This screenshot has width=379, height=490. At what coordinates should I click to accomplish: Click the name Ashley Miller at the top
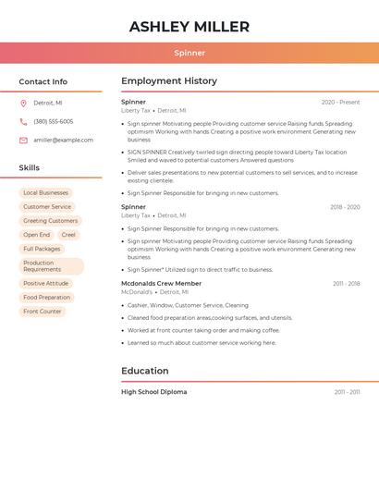(189, 27)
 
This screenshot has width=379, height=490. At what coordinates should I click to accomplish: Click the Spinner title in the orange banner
(189, 53)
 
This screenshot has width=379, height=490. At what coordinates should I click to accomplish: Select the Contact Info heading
(43, 81)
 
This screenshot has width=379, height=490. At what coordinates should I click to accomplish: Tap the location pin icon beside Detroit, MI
(23, 103)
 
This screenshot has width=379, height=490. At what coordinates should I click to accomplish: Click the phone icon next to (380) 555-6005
(23, 121)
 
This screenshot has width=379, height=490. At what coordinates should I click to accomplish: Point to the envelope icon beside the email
(23, 140)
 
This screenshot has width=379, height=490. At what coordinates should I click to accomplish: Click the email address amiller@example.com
(63, 140)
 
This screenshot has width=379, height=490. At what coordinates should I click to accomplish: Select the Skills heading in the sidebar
(30, 168)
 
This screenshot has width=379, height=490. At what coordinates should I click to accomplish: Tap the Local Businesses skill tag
(45, 193)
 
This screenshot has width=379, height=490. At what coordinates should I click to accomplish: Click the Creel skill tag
(68, 235)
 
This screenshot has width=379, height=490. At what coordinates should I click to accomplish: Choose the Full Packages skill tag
(42, 249)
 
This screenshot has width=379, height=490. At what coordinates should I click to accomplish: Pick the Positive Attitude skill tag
(45, 284)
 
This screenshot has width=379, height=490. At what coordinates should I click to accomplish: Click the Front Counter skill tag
(43, 312)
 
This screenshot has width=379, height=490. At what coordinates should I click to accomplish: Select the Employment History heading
(169, 81)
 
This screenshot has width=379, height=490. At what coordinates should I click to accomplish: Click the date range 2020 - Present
(340, 102)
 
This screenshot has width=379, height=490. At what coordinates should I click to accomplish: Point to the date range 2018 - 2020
(345, 207)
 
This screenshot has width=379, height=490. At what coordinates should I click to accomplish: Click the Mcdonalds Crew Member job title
(161, 283)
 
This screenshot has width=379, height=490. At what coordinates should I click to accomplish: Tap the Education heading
(145, 371)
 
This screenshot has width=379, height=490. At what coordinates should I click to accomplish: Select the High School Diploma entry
(153, 392)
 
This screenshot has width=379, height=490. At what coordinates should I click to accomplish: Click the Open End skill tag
(37, 235)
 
